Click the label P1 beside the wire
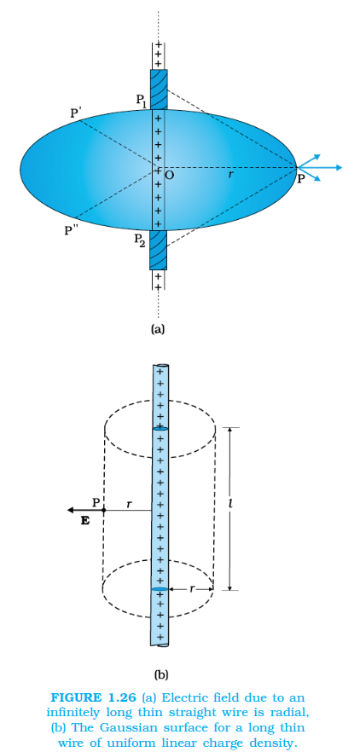[141, 101]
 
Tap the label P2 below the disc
[140, 239]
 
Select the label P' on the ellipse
[75, 113]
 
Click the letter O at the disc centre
[169, 176]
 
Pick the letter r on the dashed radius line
[231, 175]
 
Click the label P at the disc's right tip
[300, 179]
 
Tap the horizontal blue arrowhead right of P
[339, 167]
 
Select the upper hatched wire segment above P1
[159, 90]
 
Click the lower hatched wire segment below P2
[159, 251]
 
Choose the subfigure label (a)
[158, 329]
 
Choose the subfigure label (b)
[160, 674]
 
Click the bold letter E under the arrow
[85, 521]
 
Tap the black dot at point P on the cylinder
[104, 510]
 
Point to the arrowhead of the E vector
[71, 510]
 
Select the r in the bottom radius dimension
[191, 588]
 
